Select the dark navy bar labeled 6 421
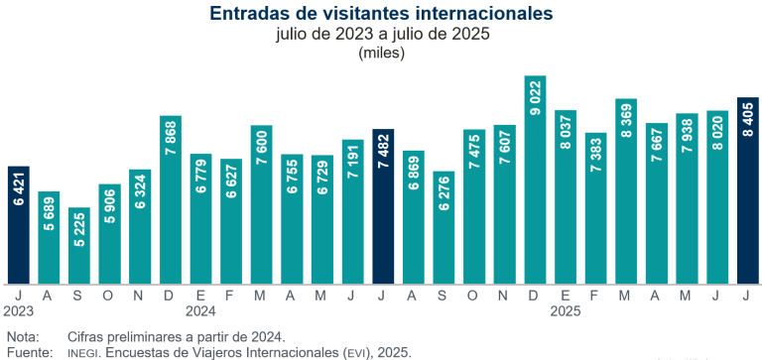coord(19,224)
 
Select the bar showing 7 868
coord(171,199)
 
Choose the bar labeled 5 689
coord(50,237)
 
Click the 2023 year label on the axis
coord(18,310)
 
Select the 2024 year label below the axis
coord(201,310)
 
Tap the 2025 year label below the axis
coord(566,310)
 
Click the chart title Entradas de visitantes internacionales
coord(381,13)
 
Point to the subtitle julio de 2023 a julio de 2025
coord(381,35)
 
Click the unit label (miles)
coord(381,54)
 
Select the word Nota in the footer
coord(22,336)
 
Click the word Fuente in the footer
coord(27,351)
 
